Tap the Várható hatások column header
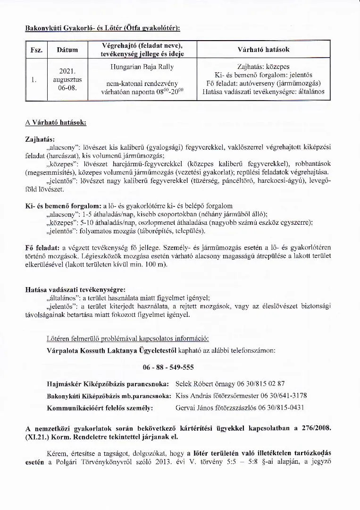point(263,49)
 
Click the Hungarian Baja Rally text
point(142,67)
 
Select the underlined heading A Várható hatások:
point(55,122)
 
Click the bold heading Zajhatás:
point(40,140)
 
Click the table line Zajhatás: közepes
point(263,67)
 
